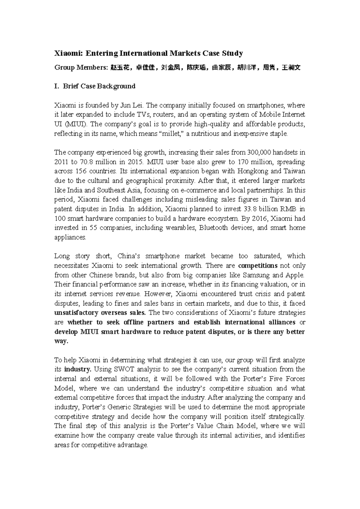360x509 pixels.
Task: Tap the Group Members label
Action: (80, 68)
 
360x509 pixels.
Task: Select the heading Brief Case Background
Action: (99, 86)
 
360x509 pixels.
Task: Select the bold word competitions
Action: (257, 266)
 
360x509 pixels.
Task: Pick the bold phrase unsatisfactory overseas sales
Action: (100, 313)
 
